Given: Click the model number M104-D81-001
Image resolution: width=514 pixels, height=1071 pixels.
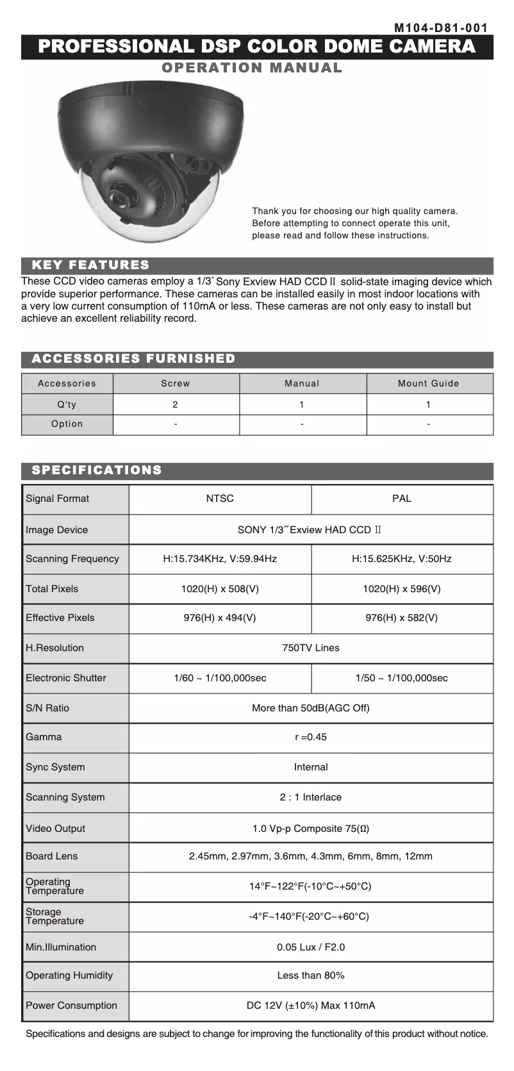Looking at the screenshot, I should tap(441, 28).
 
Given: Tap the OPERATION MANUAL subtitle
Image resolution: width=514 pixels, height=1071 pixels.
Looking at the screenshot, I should tap(252, 68).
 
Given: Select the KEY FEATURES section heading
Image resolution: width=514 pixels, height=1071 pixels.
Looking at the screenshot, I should tap(90, 265).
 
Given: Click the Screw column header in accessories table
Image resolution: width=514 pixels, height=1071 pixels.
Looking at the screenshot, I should tap(176, 383).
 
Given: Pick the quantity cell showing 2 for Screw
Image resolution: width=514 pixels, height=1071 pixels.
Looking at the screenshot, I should tap(176, 404).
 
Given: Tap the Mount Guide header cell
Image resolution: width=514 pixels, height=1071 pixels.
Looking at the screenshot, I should tap(429, 383).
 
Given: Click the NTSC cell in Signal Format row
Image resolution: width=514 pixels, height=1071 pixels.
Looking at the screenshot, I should tap(220, 499).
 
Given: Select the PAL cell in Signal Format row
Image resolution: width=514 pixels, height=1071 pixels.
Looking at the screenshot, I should tap(402, 499).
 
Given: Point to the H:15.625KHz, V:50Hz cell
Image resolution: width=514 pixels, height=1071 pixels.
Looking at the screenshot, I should tap(402, 559).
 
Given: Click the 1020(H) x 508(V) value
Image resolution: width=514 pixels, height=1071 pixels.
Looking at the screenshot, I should tap(220, 589).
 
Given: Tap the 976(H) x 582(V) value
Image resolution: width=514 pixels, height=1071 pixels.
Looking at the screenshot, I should tap(402, 618).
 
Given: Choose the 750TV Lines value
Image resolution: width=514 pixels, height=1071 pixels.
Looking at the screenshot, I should tap(311, 648).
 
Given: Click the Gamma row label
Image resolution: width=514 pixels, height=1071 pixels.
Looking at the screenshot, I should tap(44, 737).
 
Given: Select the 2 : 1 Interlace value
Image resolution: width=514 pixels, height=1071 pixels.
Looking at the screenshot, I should tap(311, 797).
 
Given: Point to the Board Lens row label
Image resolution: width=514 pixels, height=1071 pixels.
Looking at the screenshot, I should tap(51, 856).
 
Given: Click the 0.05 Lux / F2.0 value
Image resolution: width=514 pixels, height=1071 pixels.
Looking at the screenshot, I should tap(311, 947).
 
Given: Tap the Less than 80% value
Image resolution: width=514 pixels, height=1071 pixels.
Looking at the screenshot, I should tap(311, 976).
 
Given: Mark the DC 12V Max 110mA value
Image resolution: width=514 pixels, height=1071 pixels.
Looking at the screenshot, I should tap(311, 1006).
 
